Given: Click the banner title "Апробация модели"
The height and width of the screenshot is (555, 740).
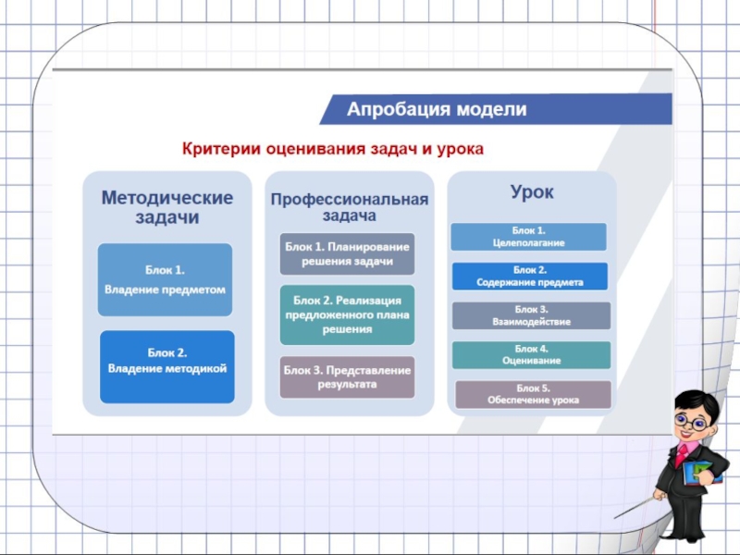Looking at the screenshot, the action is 437,109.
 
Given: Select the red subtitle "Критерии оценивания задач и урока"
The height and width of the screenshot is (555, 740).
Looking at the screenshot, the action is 332,148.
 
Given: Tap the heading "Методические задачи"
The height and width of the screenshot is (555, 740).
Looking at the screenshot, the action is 166,208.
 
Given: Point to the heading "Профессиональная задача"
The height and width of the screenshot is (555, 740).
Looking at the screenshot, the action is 349,207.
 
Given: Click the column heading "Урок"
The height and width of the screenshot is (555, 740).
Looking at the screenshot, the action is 531,193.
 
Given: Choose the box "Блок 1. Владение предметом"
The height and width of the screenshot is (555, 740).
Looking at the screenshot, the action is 166,279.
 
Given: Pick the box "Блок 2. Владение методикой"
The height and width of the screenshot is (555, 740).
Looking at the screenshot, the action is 166,361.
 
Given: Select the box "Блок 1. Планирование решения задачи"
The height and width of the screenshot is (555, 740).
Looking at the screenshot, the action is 347,253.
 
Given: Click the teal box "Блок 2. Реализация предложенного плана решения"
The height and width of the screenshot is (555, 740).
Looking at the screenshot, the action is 347,314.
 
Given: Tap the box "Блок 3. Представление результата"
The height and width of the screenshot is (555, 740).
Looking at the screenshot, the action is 347,376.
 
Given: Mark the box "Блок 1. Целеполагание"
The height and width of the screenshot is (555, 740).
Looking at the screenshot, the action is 528,236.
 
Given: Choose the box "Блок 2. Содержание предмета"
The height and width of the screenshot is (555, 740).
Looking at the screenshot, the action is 529,276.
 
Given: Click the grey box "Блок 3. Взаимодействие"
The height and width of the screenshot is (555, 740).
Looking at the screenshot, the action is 531,315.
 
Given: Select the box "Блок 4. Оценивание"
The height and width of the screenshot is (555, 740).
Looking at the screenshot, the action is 531,354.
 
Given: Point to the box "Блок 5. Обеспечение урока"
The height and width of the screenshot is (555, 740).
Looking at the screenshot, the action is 533,394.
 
